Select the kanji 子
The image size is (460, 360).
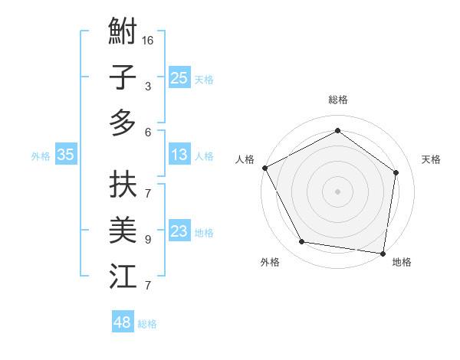[123, 77]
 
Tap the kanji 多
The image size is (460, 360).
[123, 123]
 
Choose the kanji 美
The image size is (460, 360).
[123, 230]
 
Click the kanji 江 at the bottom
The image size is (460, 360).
[123, 276]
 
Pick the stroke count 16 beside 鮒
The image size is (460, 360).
[148, 40]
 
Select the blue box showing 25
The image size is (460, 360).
[179, 77]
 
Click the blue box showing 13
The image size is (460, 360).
[179, 155]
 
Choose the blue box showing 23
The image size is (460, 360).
[179, 231]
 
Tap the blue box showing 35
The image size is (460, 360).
[65, 155]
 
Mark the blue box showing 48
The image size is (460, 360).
[123, 322]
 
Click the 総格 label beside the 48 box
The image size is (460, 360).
[147, 324]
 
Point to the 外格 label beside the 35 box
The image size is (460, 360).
[41, 156]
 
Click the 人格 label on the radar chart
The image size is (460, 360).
[245, 159]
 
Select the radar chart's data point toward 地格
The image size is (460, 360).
[383, 253]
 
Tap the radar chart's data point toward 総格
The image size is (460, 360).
[337, 131]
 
